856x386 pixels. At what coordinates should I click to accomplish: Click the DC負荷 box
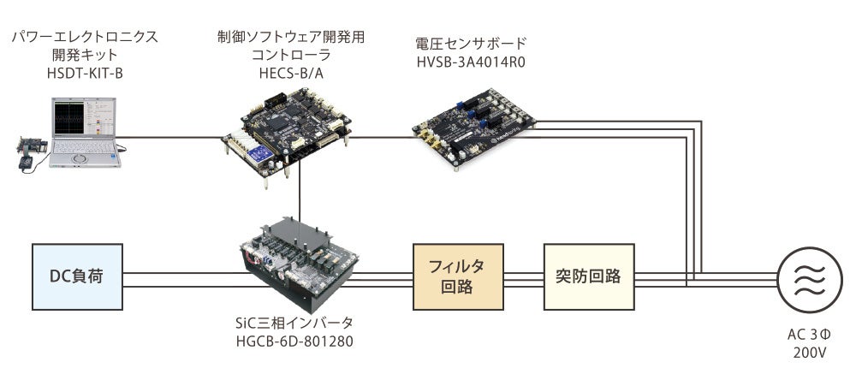tap(76, 276)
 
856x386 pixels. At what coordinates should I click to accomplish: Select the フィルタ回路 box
tap(457, 276)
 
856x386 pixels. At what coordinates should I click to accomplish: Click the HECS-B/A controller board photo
tap(288, 135)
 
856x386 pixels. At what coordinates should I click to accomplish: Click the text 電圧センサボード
tap(470, 42)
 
